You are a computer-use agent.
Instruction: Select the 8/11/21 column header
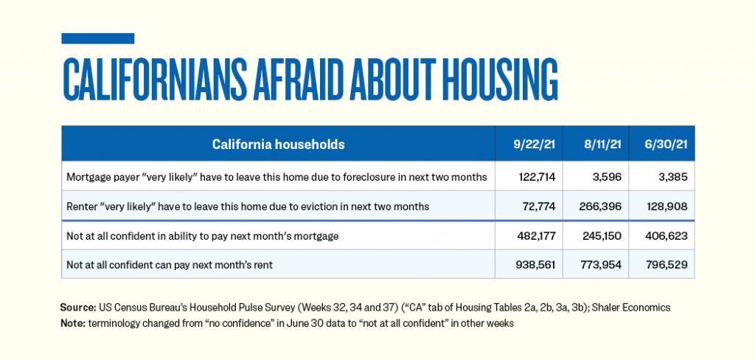pyautogui.click(x=596, y=145)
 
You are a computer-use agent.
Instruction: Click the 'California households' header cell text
pyautogui.click(x=278, y=145)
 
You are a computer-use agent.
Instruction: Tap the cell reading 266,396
pyautogui.click(x=596, y=206)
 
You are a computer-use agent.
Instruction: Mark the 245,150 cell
pyautogui.click(x=596, y=235)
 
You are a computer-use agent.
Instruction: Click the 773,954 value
pyautogui.click(x=596, y=264)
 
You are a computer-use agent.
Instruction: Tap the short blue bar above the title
pyautogui.click(x=97, y=38)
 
